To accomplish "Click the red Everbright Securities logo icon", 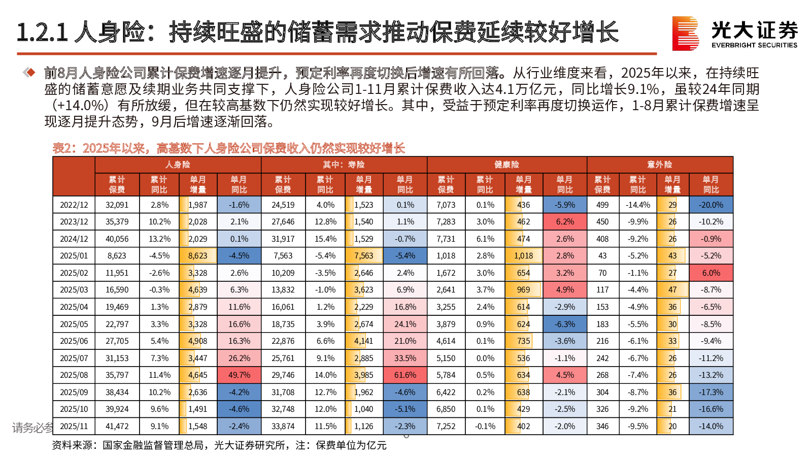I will [685, 34].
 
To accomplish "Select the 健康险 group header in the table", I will [506, 165].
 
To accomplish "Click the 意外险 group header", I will [659, 165].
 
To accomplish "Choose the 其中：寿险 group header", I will [344, 165].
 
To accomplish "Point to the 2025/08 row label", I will [74, 375].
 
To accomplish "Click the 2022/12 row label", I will [74, 205].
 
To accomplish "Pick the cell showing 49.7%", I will [239, 375].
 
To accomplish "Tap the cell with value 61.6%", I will [405, 375].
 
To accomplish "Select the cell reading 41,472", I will [117, 427].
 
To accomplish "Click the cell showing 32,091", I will [117, 205].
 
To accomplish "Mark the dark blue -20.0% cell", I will [711, 205].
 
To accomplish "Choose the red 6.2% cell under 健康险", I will [565, 222].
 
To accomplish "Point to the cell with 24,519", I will [283, 205].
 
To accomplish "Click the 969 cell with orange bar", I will [524, 290].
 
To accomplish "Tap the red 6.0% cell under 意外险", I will [711, 273].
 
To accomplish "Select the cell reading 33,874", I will [283, 427].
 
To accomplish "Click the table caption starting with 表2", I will [228, 148].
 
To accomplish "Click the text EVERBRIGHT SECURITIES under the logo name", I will [754, 45].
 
